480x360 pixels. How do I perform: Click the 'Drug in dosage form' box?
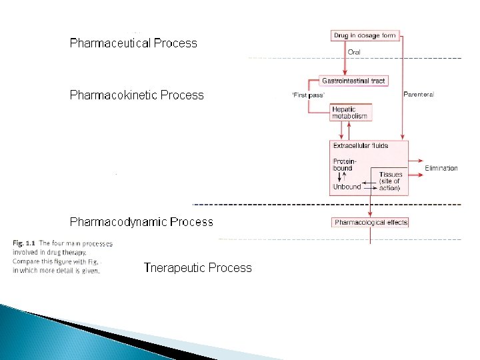coord(365,35)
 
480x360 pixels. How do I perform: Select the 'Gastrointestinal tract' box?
coord(353,81)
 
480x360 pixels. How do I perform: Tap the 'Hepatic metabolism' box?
coord(349,113)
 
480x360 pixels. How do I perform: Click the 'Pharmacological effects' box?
coord(371,222)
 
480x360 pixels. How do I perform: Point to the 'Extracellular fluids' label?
coord(361,145)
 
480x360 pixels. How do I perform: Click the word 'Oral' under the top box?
coord(355,51)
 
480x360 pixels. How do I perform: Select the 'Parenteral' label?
coord(419,95)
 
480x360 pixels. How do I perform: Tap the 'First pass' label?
coord(308,95)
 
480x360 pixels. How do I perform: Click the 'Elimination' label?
coord(441,168)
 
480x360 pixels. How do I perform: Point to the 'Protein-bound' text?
coord(344,165)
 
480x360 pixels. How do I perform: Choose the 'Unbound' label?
coord(347,187)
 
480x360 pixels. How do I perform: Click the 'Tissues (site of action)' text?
coord(390,181)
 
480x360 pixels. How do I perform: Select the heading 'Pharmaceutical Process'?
coord(133,43)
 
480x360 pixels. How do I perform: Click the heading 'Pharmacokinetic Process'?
coord(137,95)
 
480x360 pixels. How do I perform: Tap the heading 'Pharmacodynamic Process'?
coord(141,221)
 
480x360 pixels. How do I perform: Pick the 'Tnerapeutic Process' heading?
coord(197,268)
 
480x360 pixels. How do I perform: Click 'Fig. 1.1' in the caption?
coord(24,243)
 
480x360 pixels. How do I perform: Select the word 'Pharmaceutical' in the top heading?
coord(111,43)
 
